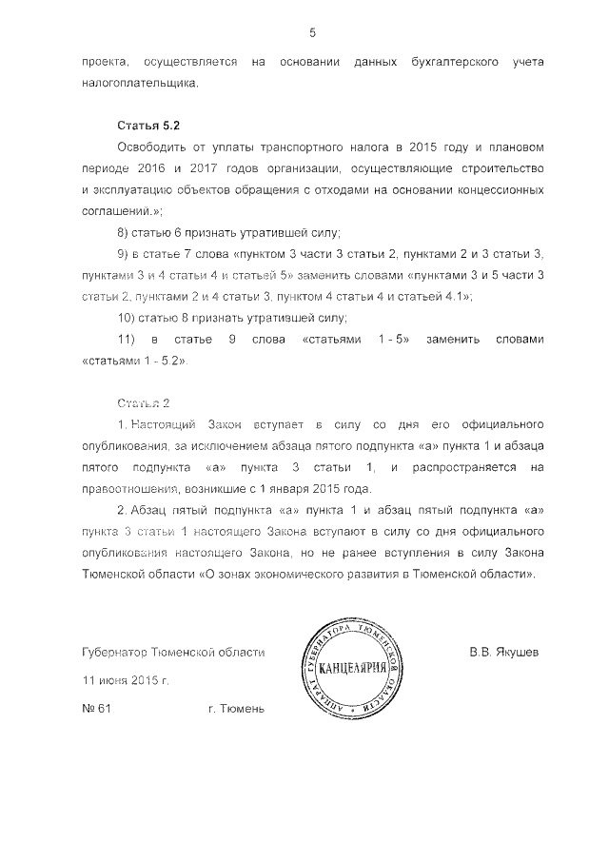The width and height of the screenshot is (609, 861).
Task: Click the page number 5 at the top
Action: click(312, 33)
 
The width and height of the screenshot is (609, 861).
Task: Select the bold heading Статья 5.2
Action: click(147, 125)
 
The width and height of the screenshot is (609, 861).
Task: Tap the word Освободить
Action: click(148, 147)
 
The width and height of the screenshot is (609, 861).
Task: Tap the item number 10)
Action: click(126, 318)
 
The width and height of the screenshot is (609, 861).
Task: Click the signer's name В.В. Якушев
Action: click(503, 653)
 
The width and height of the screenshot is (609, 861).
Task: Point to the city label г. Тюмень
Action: click(236, 708)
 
